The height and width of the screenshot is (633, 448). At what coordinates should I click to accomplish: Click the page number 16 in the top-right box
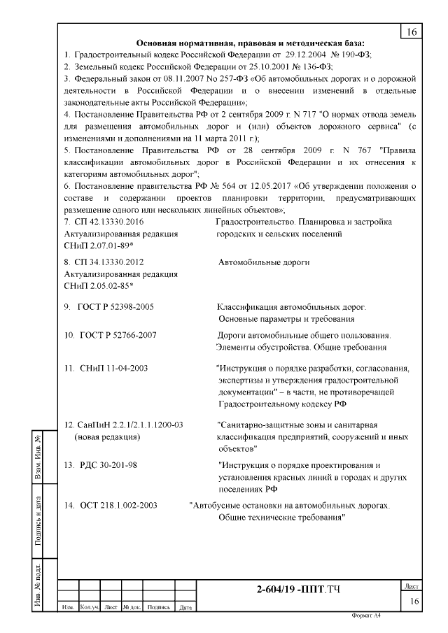pos(411,32)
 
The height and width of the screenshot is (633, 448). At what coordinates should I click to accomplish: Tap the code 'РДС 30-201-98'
pos(110,465)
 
